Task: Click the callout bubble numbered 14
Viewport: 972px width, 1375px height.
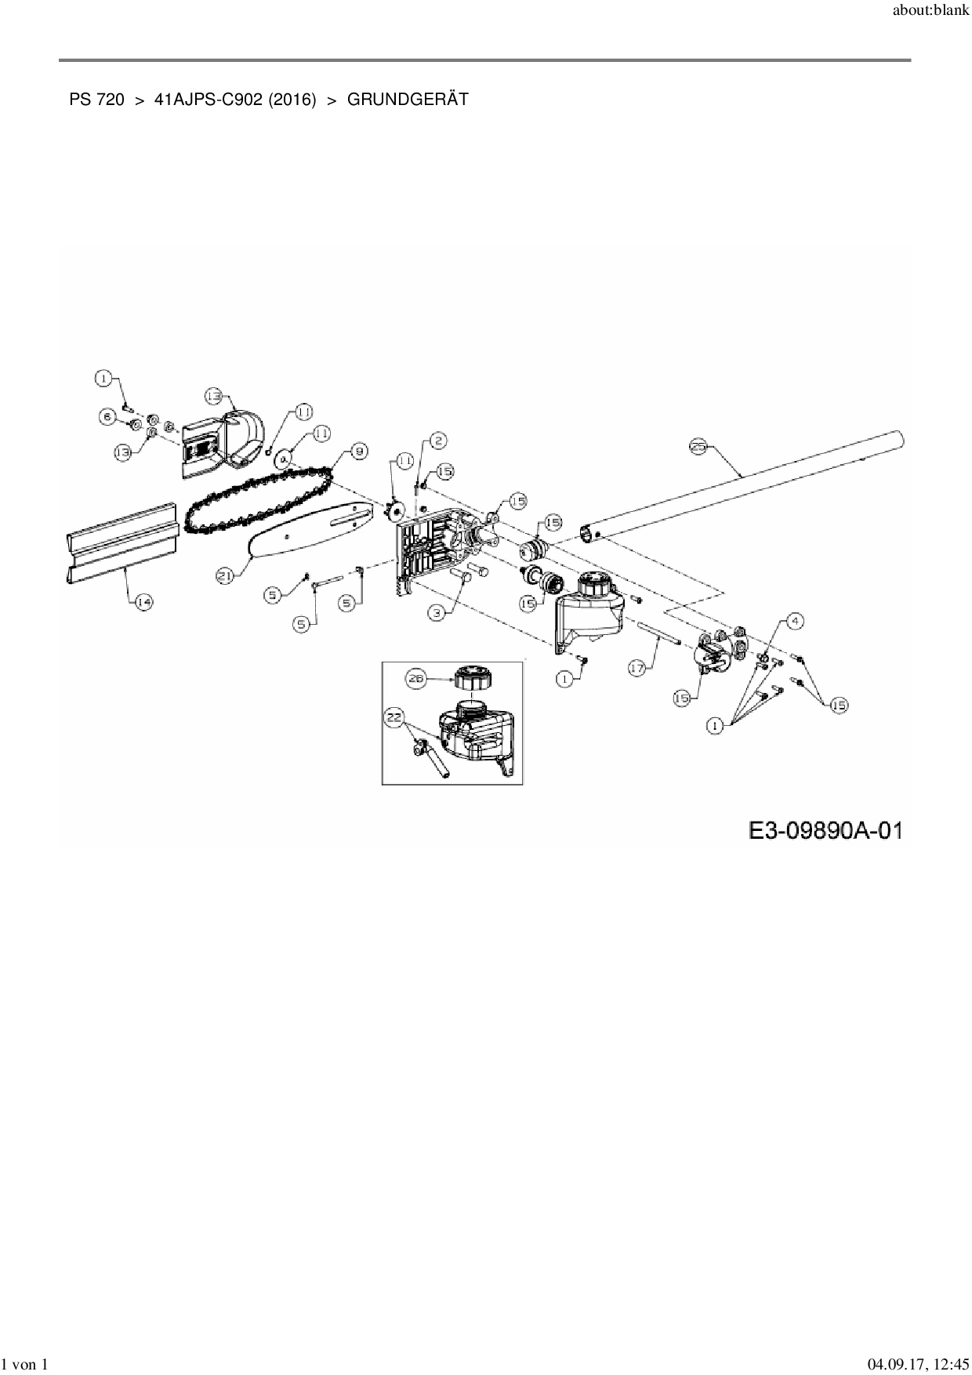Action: (x=143, y=602)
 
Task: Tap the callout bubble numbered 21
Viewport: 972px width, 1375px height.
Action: (x=226, y=575)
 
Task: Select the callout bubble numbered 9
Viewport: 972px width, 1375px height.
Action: (x=358, y=451)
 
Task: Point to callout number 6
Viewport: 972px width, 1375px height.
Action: (x=108, y=416)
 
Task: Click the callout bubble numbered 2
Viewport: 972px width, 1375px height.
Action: (x=438, y=441)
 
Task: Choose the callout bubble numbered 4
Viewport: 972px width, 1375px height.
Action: (x=795, y=622)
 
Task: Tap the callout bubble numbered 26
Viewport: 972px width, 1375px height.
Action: (x=415, y=680)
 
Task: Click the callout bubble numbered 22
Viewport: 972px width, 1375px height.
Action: (x=394, y=715)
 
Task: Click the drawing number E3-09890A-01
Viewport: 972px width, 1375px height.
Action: (x=825, y=830)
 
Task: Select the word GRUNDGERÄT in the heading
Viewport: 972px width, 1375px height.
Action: (x=408, y=100)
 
